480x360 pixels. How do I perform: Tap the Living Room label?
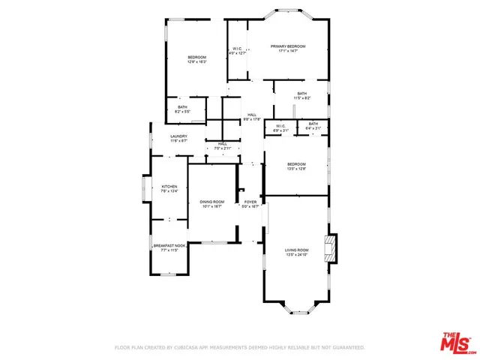(x=296, y=252)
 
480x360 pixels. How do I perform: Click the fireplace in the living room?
(x=331, y=248)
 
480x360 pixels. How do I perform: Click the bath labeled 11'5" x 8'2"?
(x=301, y=95)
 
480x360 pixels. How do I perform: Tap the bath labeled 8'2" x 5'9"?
(x=182, y=109)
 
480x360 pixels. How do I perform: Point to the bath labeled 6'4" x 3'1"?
(x=313, y=126)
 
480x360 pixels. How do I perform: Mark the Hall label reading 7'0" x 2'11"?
(x=223, y=146)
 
